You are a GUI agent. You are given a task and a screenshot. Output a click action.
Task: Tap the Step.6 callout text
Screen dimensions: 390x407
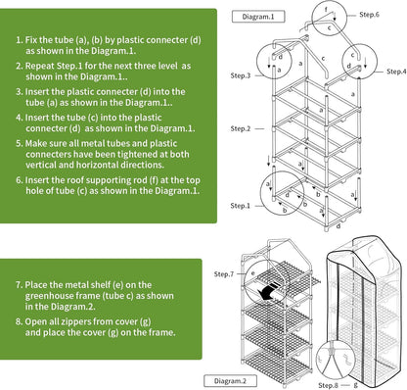pos(369,15)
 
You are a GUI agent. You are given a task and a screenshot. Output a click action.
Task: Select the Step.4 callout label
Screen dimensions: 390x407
pos(395,72)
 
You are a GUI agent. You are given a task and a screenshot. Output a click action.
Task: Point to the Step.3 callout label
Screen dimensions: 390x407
pos(240,75)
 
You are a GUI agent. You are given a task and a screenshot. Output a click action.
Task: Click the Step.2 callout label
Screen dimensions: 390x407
pos(240,129)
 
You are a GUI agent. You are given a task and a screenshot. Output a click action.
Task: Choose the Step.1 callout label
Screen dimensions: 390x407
pos(240,205)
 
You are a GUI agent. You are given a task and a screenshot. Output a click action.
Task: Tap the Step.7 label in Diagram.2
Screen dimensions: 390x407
pos(224,274)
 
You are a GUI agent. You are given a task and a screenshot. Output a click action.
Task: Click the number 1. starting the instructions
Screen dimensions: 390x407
pos(19,42)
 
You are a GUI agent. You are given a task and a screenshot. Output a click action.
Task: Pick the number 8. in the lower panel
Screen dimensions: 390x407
pos(19,319)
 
